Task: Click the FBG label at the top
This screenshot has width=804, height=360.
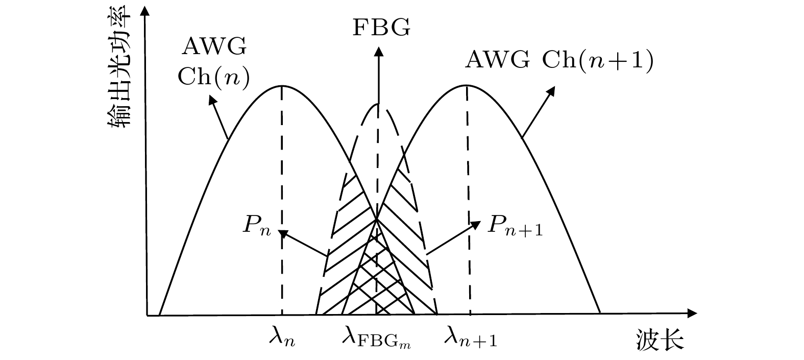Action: pos(381,27)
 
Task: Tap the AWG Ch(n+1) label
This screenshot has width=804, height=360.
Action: pos(559,60)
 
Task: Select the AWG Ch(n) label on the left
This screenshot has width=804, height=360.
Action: pos(214,62)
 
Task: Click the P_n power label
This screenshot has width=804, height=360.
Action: pos(257,225)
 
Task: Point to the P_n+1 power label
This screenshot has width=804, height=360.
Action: pos(515,225)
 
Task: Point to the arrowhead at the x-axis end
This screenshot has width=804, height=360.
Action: pos(692,314)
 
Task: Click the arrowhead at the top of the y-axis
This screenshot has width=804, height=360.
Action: pos(144,10)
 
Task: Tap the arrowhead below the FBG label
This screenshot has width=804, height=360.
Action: pos(378,52)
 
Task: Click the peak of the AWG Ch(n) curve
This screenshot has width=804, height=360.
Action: pos(282,86)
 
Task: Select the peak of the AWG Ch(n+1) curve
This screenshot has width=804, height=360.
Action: pos(467,85)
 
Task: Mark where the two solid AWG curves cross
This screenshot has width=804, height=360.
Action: pos(377,219)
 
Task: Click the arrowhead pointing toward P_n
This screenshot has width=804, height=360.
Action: pos(283,234)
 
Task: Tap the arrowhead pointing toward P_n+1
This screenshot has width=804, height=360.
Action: pos(476,225)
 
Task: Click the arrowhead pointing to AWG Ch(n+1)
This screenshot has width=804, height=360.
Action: pos(551,91)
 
